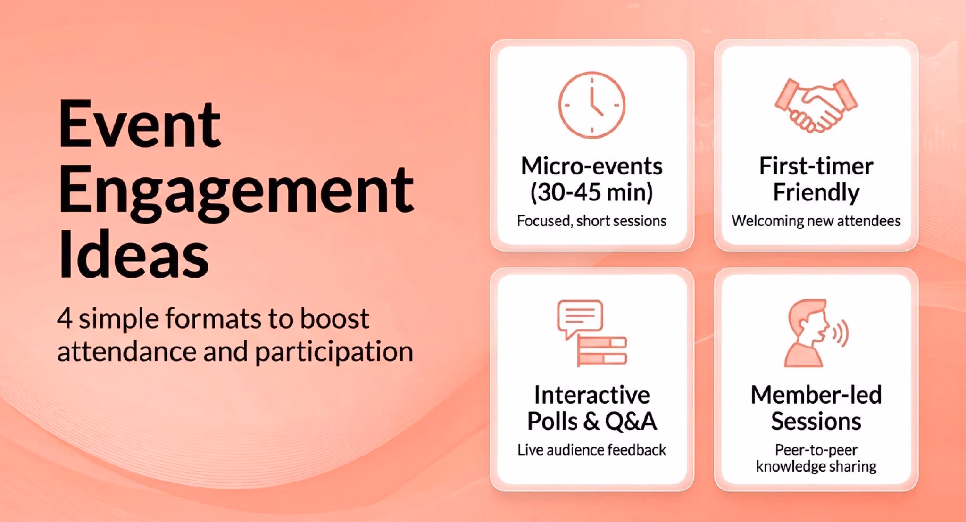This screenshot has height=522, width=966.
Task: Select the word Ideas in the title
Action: (x=133, y=255)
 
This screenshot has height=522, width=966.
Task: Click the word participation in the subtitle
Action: (x=334, y=352)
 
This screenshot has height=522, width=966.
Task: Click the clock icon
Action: (x=591, y=105)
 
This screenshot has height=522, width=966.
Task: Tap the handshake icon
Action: (x=816, y=105)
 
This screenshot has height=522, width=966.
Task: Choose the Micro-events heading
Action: (x=591, y=166)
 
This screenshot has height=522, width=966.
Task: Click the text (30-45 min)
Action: (x=591, y=192)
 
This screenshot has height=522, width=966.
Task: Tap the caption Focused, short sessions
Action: (x=591, y=221)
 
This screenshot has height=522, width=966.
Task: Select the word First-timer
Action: (x=816, y=166)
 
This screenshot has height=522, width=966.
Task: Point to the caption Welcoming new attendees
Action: (x=816, y=221)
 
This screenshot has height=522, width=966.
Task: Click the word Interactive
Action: (x=591, y=395)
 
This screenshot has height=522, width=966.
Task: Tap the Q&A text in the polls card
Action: (x=631, y=421)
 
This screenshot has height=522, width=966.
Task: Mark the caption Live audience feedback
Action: (x=591, y=449)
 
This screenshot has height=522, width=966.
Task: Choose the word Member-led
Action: (x=816, y=395)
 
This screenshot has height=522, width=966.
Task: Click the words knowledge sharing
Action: (x=816, y=466)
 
